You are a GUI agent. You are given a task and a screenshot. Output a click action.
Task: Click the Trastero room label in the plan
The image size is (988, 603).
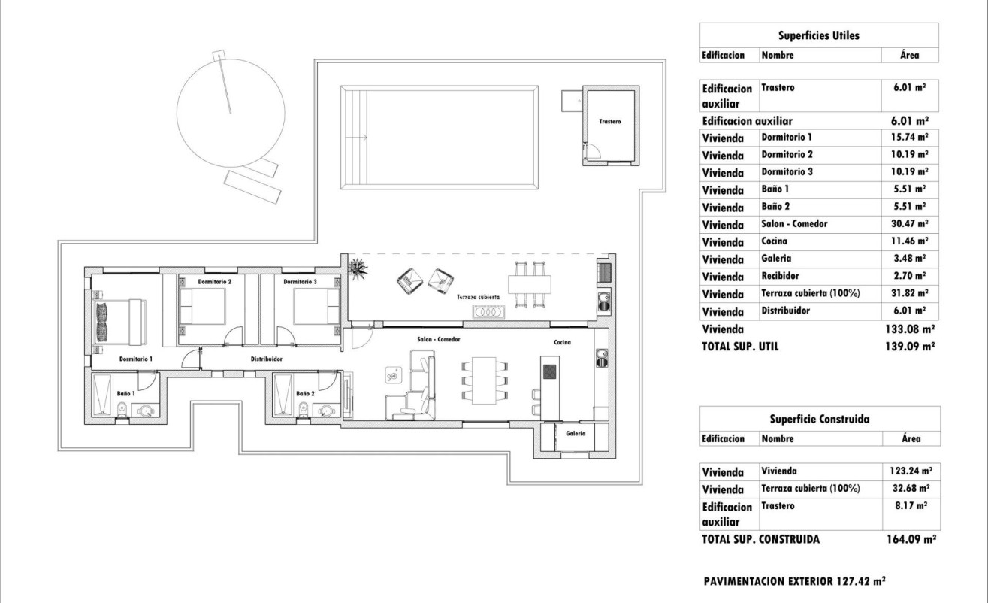[x=610, y=121]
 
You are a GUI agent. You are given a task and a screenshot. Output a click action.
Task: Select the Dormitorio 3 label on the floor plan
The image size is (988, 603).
[x=300, y=282]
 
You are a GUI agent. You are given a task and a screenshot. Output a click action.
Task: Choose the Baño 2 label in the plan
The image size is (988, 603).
[x=304, y=393]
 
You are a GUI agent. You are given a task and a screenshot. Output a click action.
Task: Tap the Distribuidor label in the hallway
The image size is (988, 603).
[x=266, y=359]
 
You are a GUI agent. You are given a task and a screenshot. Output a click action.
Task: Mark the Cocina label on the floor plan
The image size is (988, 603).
[x=563, y=342]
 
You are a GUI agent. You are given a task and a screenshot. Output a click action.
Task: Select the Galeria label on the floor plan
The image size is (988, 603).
[x=576, y=434]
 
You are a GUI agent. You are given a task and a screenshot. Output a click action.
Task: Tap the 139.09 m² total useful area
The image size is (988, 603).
[x=910, y=346]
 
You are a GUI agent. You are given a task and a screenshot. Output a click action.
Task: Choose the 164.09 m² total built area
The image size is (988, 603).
[x=910, y=539]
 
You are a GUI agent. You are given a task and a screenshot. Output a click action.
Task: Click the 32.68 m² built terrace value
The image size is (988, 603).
[x=910, y=489]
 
